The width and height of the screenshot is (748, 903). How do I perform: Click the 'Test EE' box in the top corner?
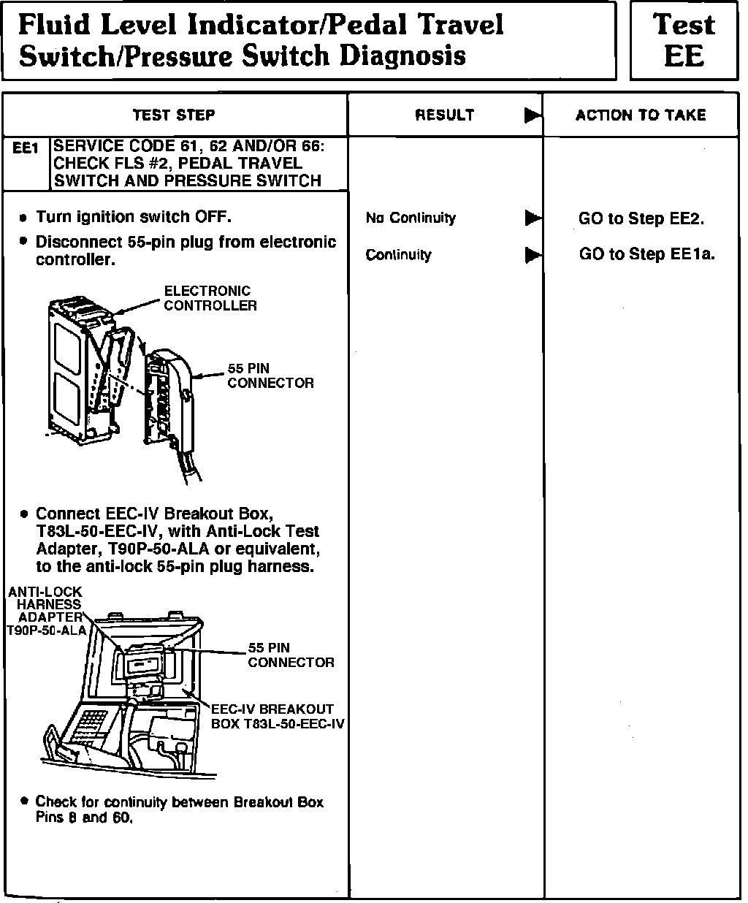tap(684, 39)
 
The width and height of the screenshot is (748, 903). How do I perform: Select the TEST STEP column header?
tap(174, 115)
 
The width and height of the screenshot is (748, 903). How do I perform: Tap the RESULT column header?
tap(444, 115)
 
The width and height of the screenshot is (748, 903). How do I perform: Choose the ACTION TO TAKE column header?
tap(641, 115)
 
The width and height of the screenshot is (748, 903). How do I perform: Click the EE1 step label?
tap(26, 148)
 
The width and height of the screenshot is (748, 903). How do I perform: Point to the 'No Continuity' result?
tap(411, 218)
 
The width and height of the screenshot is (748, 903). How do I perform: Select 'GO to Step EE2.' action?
tap(641, 218)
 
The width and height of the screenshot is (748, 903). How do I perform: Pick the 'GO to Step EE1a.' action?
tap(646, 254)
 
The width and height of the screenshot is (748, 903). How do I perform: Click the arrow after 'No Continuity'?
tap(533, 218)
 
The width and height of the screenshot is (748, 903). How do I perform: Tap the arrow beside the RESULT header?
tap(533, 115)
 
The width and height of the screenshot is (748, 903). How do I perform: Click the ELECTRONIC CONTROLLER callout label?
tap(210, 298)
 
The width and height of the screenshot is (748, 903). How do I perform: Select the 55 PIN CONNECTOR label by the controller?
tap(270, 376)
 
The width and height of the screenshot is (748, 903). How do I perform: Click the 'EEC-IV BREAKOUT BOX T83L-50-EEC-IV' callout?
tap(278, 716)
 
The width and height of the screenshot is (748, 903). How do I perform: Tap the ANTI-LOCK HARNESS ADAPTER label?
tap(45, 611)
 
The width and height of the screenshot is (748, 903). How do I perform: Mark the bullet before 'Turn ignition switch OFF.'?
tap(23, 218)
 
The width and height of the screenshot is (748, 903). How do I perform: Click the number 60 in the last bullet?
tap(121, 818)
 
